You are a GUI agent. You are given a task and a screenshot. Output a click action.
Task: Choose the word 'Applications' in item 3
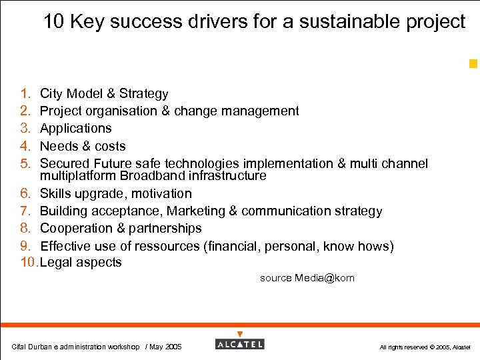[75, 129]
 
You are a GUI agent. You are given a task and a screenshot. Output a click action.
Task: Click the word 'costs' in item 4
[109, 146]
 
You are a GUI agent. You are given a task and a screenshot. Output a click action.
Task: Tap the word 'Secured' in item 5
[65, 163]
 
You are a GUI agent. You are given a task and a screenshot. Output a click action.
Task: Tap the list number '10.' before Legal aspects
[29, 263]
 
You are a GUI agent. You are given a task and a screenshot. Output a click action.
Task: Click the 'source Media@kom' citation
[307, 278]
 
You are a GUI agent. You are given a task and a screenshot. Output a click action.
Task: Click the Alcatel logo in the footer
[240, 344]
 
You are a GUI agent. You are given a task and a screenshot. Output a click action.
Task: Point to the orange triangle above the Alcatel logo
[240, 334]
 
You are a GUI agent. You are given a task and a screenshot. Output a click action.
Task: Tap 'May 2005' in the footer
[165, 347]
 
